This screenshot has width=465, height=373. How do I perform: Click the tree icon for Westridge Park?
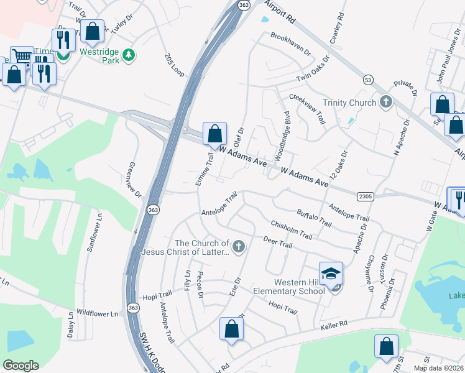coord(129,55)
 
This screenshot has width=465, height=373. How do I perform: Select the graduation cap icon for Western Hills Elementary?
coord(331,274)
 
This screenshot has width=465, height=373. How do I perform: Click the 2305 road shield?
coord(366,196)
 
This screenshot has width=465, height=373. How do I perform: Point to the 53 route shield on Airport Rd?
coord(368,80)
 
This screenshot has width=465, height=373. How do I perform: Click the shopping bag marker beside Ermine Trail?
coord(214,134)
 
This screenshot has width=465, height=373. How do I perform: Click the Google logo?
coord(21,366)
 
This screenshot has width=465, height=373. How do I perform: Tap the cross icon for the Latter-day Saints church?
coord(237,247)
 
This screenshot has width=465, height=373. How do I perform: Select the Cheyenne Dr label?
coord(371,274)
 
